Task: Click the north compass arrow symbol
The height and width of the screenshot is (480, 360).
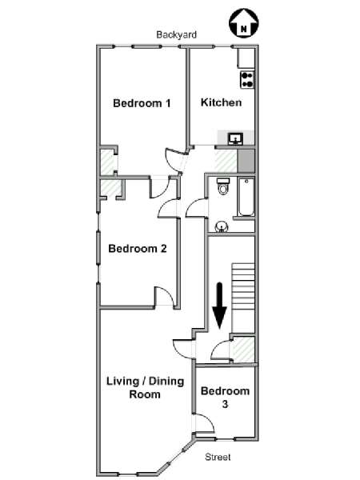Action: pos(244,23)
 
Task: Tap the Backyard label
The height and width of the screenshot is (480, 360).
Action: pos(176,34)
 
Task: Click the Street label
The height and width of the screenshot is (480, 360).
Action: pos(218,457)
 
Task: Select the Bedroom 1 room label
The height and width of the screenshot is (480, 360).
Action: pos(142,103)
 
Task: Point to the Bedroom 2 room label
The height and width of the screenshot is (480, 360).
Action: pos(138,248)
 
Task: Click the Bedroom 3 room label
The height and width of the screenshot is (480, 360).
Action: pos(225,398)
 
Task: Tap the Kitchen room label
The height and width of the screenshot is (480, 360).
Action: pos(221,102)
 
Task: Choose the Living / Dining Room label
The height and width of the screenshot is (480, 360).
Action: pos(145,387)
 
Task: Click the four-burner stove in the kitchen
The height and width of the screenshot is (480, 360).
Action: pos(247,80)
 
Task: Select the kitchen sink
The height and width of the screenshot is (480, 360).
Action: pos(236,138)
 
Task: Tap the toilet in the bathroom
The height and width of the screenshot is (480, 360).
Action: pos(223,186)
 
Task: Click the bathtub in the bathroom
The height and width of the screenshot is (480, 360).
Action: pos(246,197)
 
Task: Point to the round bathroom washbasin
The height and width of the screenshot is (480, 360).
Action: pos(222,227)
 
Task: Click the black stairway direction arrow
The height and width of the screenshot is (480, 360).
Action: pos(219,306)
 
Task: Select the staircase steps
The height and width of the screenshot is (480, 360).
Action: pos(243,286)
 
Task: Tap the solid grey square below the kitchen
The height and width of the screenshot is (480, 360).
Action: pos(246,161)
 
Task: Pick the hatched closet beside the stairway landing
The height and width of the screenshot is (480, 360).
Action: pos(242,349)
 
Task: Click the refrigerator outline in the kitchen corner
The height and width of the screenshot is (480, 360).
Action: pos(246,58)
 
